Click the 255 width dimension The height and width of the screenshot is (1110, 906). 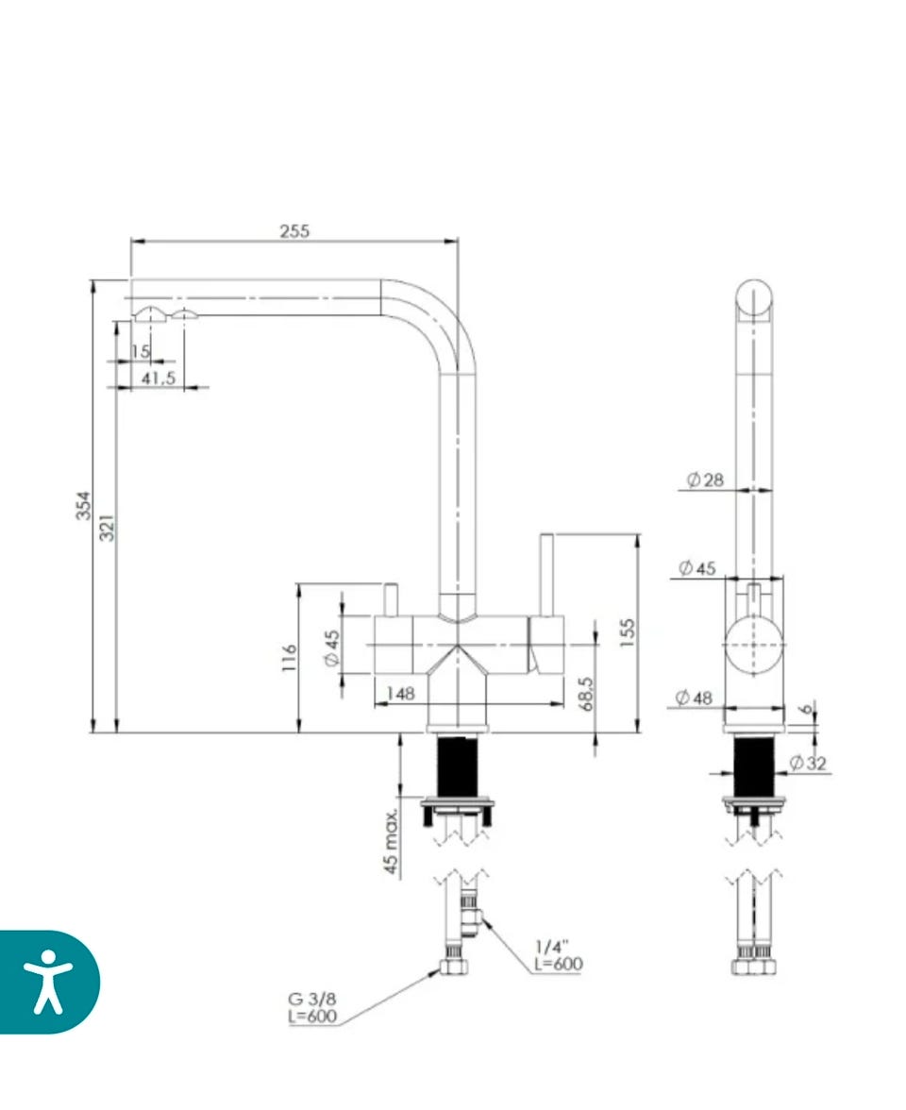[294, 230]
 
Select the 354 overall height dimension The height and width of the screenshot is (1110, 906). [84, 506]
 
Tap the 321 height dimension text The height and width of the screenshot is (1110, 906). [107, 528]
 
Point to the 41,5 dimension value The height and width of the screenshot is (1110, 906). [158, 378]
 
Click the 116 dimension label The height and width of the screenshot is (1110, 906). [290, 658]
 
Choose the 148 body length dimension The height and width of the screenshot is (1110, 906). [400, 694]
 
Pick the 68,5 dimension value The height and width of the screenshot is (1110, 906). [586, 694]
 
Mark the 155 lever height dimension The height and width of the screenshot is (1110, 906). [627, 632]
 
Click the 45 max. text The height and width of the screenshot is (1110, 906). [390, 840]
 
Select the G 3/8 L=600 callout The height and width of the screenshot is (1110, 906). [312, 1008]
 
